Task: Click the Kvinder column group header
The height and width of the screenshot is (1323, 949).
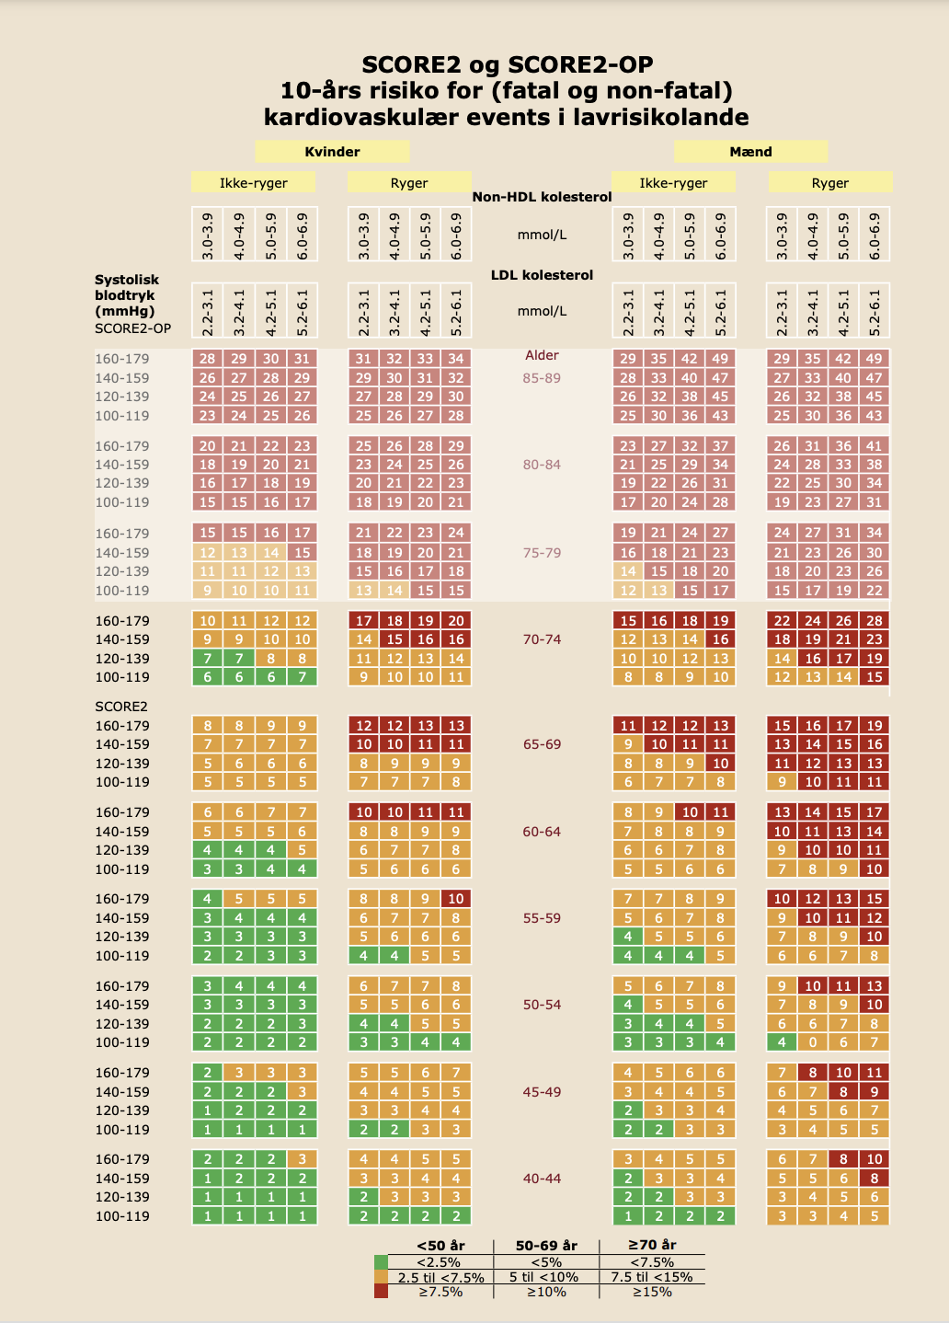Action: click(x=332, y=151)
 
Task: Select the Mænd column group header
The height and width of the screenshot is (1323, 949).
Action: click(x=750, y=151)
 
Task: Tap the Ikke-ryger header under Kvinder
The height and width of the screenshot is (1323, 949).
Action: click(x=253, y=182)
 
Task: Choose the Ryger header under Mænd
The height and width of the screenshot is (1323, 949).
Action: click(x=829, y=182)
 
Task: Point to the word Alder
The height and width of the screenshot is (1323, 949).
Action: click(x=542, y=355)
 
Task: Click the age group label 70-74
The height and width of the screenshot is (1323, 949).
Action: click(x=542, y=639)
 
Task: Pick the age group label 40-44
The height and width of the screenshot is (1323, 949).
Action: click(x=542, y=1179)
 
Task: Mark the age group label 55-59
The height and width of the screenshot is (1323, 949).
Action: click(x=542, y=918)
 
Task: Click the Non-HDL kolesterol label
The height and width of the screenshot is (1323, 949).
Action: click(x=542, y=197)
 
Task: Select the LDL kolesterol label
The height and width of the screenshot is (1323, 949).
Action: click(x=542, y=275)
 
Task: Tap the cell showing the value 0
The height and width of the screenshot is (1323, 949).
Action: click(x=813, y=1042)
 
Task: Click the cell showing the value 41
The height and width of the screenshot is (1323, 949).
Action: click(x=875, y=446)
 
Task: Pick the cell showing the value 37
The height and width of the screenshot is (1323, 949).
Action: click(x=720, y=446)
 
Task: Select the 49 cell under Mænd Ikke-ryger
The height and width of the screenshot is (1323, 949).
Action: click(x=720, y=359)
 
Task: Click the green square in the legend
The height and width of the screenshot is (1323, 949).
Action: click(x=382, y=1262)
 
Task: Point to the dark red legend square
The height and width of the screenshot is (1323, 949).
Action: click(x=382, y=1292)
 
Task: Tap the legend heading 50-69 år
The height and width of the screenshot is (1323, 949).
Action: click(x=546, y=1245)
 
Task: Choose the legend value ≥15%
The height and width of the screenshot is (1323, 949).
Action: click(x=652, y=1292)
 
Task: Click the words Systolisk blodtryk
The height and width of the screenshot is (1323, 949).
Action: click(x=126, y=287)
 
